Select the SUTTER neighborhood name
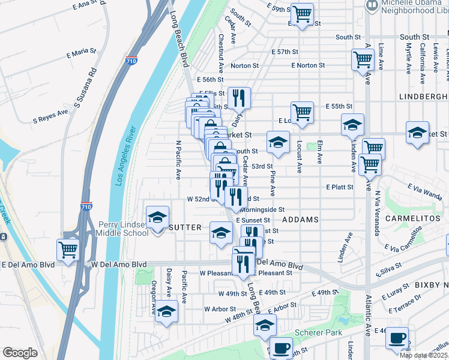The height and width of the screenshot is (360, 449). tap(185, 227)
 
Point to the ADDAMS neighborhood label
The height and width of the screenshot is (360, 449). tap(300, 220)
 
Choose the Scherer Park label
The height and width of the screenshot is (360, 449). tap(318, 332)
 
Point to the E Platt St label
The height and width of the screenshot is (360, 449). tap(340, 187)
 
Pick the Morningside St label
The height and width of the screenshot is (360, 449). tap(262, 210)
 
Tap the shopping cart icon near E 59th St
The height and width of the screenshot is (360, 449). tap(302, 13)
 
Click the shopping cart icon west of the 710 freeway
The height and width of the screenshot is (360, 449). tap(68, 248)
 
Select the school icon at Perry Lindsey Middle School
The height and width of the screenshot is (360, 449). tap(157, 217)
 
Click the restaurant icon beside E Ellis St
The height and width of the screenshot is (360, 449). tap(240, 97)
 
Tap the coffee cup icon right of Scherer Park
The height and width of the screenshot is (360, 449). tap(397, 337)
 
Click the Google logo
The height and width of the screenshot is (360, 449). tap(20, 353)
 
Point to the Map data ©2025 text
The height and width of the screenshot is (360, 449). tap(424, 355)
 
